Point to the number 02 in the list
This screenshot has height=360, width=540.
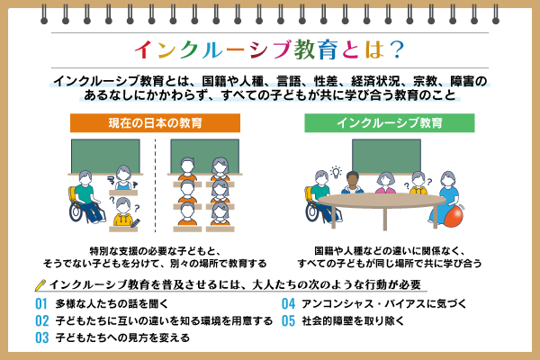coord(41,320)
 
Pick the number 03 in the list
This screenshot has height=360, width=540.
coord(41,337)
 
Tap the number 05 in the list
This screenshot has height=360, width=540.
coord(289,320)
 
